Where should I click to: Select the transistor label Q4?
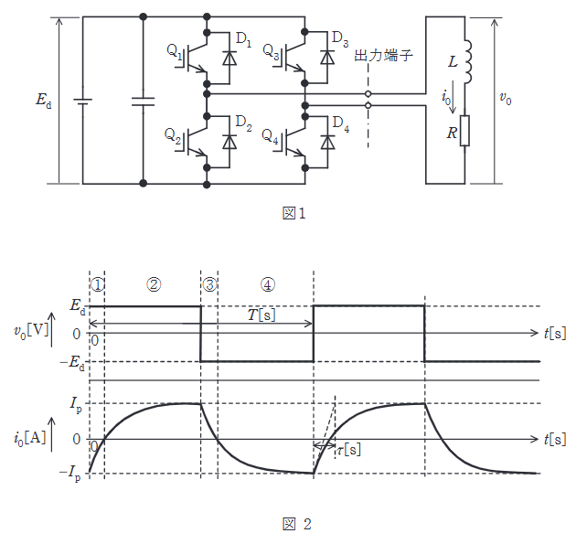coord(270,137)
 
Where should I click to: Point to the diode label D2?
coord(243,122)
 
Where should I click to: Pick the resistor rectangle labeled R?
coord(465,130)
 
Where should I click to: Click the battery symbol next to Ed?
coord(83,100)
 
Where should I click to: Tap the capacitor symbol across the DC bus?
coord(144,100)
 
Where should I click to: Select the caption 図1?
coord(293,214)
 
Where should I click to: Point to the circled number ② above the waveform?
coord(154,284)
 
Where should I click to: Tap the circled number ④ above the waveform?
coord(267,284)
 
